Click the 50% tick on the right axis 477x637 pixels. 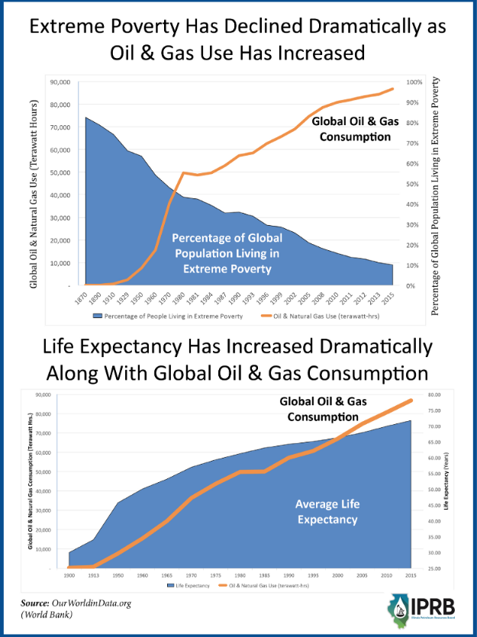click(414, 184)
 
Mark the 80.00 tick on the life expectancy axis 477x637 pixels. click(435, 395)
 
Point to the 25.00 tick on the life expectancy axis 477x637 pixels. click(435, 568)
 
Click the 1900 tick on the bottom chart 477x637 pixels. click(69, 574)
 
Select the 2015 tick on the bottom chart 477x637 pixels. click(411, 574)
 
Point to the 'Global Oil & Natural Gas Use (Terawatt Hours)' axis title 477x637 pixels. click(34, 183)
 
